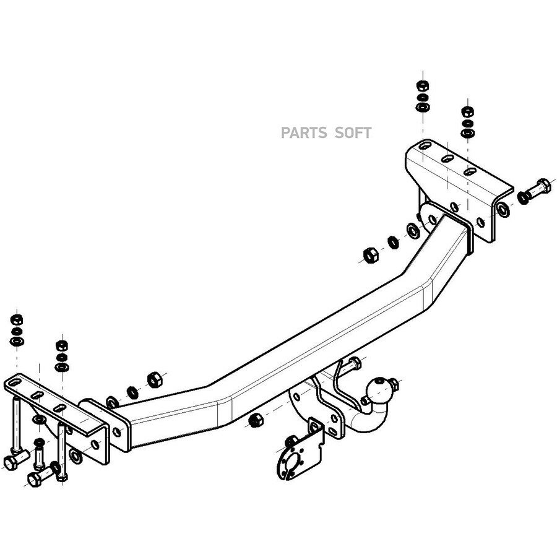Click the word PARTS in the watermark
pos(304,133)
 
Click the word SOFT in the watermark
pos(353,133)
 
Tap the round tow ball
pos(379,391)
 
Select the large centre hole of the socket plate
pos(291,463)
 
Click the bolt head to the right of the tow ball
pos(394,383)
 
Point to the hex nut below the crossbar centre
pos(255,420)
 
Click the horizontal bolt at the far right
pos(537,189)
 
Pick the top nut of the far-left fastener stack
pos(17,320)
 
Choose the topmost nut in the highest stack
pos(422,85)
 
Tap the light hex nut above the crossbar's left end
pos(155,379)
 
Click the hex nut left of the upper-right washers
pos(371,255)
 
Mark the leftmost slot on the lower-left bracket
pos(15,383)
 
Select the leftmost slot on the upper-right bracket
pos(425,145)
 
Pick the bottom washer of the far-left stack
pos(17,342)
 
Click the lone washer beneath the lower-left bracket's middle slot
pos(39,419)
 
